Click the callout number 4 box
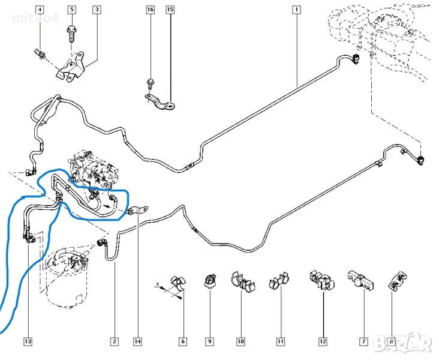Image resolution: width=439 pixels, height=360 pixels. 40,10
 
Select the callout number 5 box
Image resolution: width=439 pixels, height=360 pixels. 72,10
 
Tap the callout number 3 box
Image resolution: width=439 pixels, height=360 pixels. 97,10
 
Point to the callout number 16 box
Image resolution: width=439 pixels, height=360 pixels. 150,10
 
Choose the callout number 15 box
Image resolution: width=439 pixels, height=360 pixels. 170,10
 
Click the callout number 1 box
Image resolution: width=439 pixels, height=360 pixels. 296,10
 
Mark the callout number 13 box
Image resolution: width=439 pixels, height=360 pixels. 28,341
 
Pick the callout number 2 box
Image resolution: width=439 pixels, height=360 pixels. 114,341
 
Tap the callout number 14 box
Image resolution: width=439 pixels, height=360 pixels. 137,341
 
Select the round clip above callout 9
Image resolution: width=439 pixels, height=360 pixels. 209,280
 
